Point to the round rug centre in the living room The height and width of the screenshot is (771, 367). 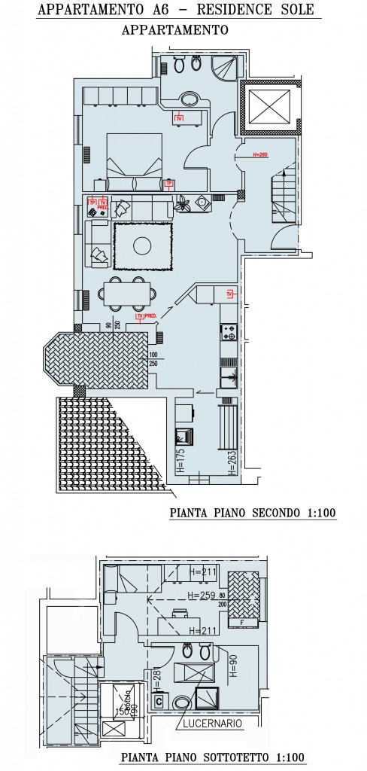pos(143,245)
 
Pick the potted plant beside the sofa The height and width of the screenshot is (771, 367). pos(182,202)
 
